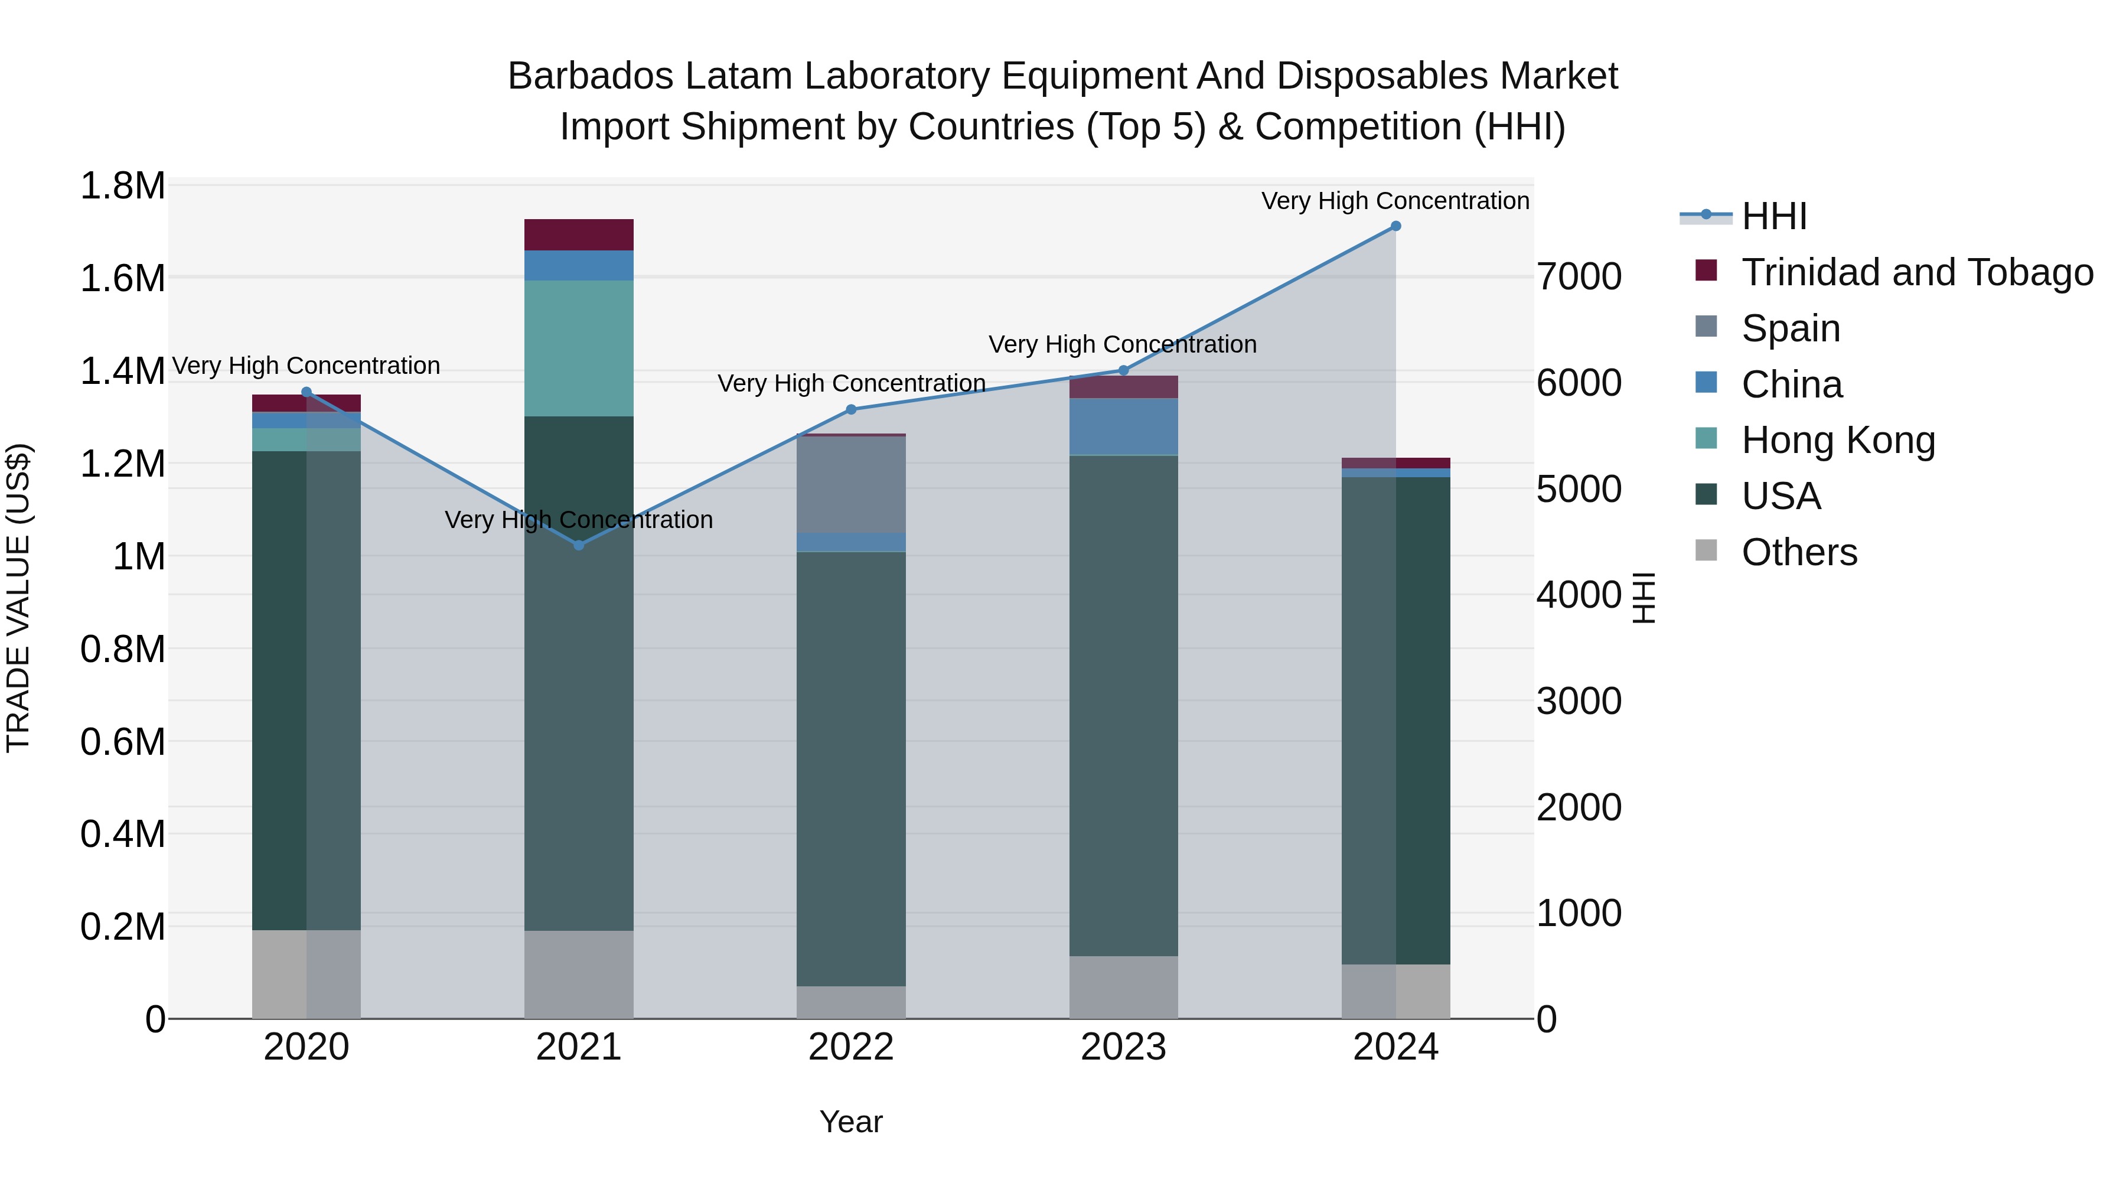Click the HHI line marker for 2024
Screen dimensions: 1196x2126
pos(1395,226)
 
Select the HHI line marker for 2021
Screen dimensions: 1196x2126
pos(579,545)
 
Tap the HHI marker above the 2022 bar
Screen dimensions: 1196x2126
pos(851,409)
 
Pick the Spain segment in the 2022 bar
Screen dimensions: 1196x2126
pos(851,484)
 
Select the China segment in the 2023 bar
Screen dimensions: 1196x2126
pos(1123,427)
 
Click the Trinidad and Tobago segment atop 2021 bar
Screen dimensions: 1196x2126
pos(579,234)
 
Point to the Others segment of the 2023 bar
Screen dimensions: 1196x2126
pos(1123,987)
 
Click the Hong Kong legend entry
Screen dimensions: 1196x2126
pos(1838,440)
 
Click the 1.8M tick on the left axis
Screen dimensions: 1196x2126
pos(123,185)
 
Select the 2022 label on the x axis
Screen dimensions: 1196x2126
pos(851,1047)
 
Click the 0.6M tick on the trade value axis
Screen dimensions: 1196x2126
pos(123,741)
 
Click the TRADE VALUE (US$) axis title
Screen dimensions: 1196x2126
pos(18,598)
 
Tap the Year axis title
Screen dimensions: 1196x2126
pos(851,1122)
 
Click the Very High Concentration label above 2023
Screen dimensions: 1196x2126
pos(1123,344)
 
